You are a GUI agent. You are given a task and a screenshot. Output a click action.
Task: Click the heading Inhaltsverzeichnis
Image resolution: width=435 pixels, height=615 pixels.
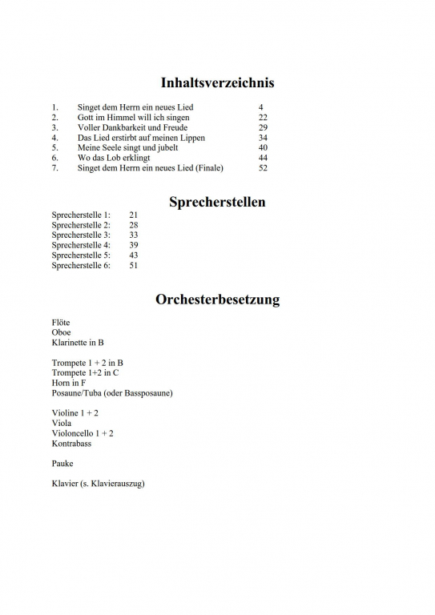pos(217,82)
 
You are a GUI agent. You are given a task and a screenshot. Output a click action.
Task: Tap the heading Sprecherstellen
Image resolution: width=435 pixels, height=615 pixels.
pos(217,202)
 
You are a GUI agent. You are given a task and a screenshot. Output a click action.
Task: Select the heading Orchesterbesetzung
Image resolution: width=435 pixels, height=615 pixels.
pos(217,300)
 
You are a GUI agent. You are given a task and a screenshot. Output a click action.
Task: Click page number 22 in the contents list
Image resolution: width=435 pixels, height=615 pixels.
pos(263,117)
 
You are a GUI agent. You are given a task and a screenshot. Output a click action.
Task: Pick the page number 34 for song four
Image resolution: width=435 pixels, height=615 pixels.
pos(263,138)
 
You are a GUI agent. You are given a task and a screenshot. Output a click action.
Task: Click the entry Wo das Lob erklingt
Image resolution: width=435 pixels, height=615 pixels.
pos(114,158)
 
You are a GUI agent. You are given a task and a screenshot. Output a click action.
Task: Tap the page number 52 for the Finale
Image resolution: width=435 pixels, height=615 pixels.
pos(263,168)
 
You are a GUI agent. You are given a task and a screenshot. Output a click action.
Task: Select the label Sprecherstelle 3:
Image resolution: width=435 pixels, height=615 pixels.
pos(81,235)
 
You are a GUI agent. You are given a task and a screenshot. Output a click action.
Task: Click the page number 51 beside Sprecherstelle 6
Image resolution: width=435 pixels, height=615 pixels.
pos(134,265)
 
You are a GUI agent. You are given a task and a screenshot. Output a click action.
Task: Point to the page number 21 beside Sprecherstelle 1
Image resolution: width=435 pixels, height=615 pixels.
pos(134,215)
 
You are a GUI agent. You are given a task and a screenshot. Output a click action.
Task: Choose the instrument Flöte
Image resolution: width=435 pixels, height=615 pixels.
pos(61,323)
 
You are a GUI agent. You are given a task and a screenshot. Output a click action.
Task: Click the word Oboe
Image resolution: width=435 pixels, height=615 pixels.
pos(61,332)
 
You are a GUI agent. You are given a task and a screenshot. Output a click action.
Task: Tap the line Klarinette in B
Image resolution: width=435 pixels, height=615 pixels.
pos(78,343)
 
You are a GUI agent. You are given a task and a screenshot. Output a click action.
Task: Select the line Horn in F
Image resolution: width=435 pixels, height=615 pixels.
pos(69,383)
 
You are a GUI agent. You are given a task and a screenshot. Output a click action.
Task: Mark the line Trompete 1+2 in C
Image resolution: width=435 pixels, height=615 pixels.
pos(86,372)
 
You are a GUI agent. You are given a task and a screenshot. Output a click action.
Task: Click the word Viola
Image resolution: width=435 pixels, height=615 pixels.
pos(62,423)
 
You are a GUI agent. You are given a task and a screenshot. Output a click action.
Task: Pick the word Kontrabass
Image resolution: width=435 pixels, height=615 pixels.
pos(71,443)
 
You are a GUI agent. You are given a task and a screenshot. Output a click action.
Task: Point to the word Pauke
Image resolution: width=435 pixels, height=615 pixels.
pos(62,463)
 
